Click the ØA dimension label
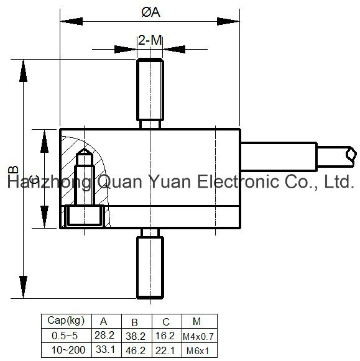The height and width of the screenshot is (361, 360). coord(151,12)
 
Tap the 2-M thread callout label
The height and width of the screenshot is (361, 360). coord(150,40)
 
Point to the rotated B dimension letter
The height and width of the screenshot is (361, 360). coord(13,170)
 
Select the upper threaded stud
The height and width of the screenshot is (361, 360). coord(150,93)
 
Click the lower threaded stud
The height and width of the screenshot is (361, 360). coord(150,263)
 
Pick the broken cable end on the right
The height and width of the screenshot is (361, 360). coord(351,156)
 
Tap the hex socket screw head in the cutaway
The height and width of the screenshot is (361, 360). coord(85,215)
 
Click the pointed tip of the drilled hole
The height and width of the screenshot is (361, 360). coord(85,149)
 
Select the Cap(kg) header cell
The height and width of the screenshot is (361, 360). coord(66,321)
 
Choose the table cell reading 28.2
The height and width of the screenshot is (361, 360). coord(104,336)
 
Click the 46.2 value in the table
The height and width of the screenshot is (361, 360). coord(136,351)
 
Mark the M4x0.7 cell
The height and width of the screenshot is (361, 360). coord(198,337)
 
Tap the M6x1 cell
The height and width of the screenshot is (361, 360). coord(198,351)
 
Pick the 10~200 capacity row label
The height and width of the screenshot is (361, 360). coord(68,350)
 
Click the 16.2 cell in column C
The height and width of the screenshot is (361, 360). coord(165,336)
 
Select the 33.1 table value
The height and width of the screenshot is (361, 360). coord(105,349)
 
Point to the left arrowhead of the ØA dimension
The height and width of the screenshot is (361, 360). coord(72,21)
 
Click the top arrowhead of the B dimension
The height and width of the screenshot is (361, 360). coord(23,71)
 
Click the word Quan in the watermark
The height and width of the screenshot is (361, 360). coord(119,182)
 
